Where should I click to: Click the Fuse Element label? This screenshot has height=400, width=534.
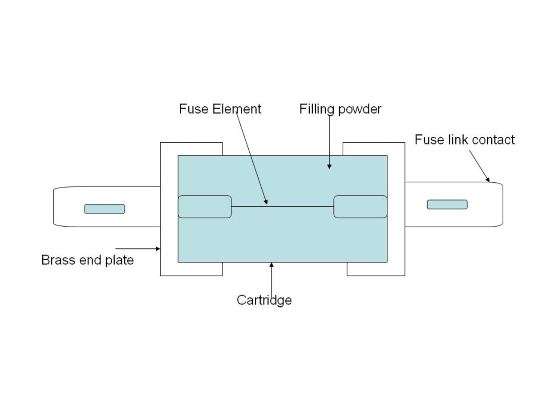[220, 109]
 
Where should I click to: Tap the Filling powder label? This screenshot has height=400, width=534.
[340, 109]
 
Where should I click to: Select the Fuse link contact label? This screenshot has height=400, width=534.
[464, 140]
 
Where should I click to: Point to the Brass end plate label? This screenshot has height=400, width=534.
[87, 260]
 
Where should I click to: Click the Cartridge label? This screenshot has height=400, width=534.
[264, 300]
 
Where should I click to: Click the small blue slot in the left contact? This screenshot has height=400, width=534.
[105, 209]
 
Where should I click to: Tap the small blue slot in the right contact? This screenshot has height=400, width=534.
[447, 204]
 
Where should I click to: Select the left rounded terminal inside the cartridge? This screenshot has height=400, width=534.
[205, 207]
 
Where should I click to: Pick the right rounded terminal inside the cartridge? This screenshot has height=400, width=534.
[360, 207]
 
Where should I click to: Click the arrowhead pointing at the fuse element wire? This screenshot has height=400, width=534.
[266, 202]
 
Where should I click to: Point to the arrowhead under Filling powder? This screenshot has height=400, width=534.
[329, 166]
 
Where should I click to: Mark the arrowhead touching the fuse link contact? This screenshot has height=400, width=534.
[488, 180]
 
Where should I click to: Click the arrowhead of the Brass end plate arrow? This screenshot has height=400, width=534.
[158, 249]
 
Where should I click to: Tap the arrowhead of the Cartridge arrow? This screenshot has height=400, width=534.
[271, 265]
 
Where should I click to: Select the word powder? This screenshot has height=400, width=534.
[360, 109]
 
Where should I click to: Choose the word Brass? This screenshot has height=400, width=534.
[58, 260]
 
